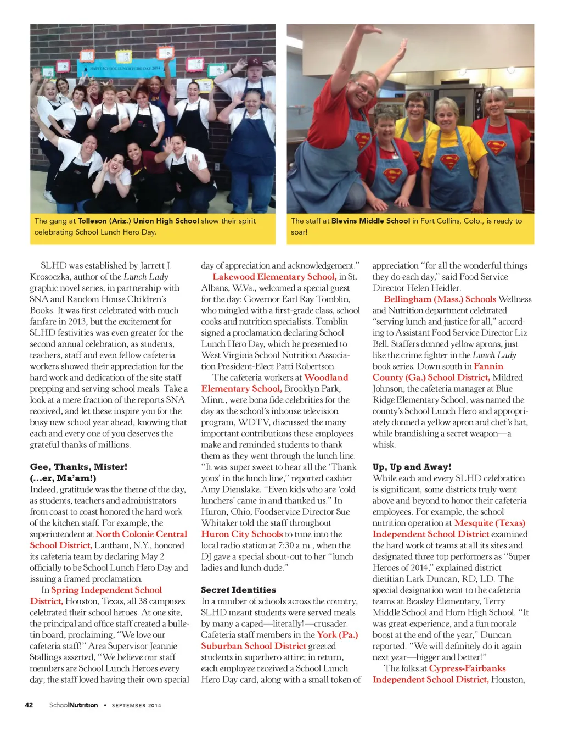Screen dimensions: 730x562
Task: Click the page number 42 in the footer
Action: click(x=29, y=705)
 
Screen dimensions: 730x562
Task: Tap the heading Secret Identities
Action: click(x=238, y=590)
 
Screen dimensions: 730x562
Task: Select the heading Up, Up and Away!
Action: click(x=412, y=467)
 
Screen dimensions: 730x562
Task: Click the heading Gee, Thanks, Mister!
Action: click(x=78, y=467)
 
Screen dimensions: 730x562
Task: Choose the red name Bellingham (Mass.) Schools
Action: click(x=440, y=299)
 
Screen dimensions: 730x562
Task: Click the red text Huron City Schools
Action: click(x=242, y=534)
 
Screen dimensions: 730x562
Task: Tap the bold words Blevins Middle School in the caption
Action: click(x=370, y=221)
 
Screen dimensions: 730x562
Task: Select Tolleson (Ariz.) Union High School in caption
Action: click(x=138, y=221)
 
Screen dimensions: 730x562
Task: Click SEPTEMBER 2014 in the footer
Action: click(x=137, y=705)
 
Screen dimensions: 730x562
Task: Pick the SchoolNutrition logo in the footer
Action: click(x=74, y=705)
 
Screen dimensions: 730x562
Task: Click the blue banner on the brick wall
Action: click(x=126, y=68)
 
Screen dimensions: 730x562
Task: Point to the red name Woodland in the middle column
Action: click(x=326, y=377)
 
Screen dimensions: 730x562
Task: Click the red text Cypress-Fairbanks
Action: click(x=467, y=668)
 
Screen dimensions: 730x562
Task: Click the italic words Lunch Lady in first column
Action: click(x=145, y=277)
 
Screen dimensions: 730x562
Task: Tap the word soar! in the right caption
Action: click(x=299, y=232)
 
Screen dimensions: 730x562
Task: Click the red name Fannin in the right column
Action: click(x=488, y=366)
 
